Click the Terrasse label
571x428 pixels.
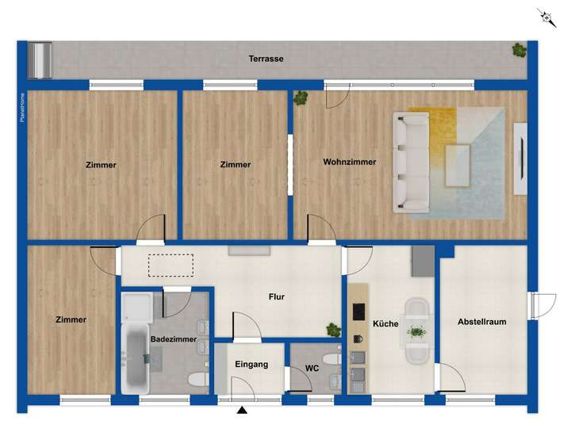point(266,59)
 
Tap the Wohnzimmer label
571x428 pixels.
point(349,162)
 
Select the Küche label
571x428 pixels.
point(385,324)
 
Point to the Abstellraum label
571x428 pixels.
point(481,322)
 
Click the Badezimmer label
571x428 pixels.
point(174,339)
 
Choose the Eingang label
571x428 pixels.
point(251,365)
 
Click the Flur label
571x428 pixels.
point(276,298)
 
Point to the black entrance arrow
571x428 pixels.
point(242,411)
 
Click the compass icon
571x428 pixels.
point(546,17)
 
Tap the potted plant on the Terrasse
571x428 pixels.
point(519,50)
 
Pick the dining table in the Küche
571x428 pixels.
point(416,331)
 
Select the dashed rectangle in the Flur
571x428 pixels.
point(171,265)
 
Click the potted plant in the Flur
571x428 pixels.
point(334,329)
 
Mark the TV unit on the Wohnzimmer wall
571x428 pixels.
point(520,159)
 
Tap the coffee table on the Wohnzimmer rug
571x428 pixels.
point(457,164)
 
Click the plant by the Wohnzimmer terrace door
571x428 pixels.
point(301,98)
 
